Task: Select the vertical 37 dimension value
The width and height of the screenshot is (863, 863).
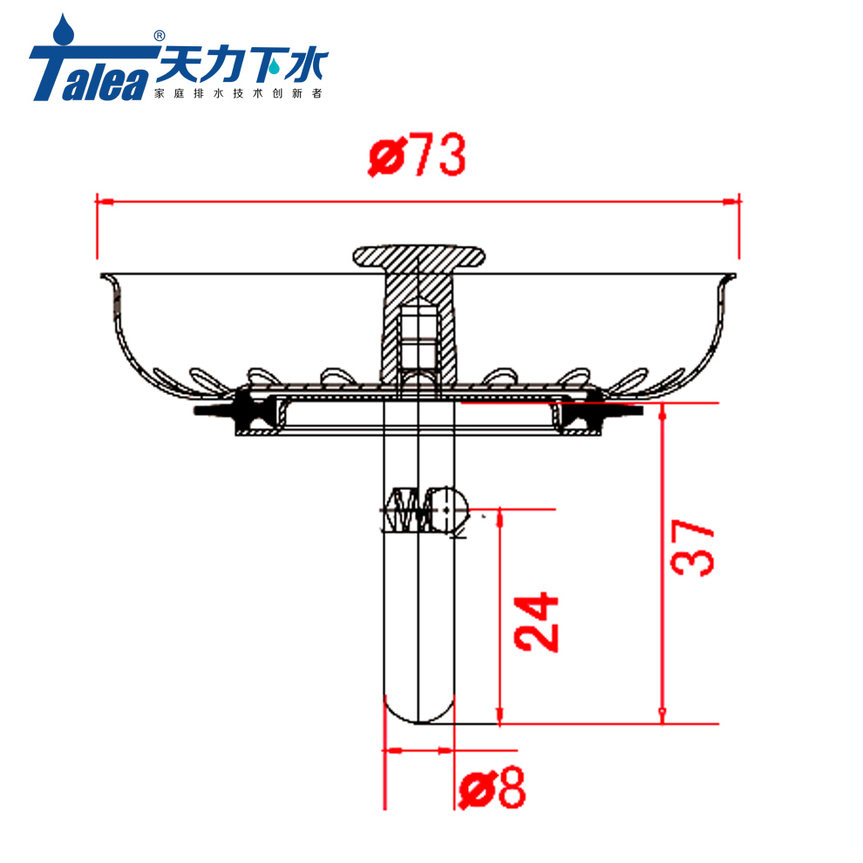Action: [x=693, y=547]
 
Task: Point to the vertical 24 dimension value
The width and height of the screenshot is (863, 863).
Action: [x=536, y=622]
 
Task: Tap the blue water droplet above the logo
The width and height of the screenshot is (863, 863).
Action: [x=62, y=29]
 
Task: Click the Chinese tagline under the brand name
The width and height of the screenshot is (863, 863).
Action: [x=237, y=92]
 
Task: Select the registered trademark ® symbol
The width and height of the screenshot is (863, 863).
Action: [x=159, y=36]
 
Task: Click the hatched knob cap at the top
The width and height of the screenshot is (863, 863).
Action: [x=418, y=257]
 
